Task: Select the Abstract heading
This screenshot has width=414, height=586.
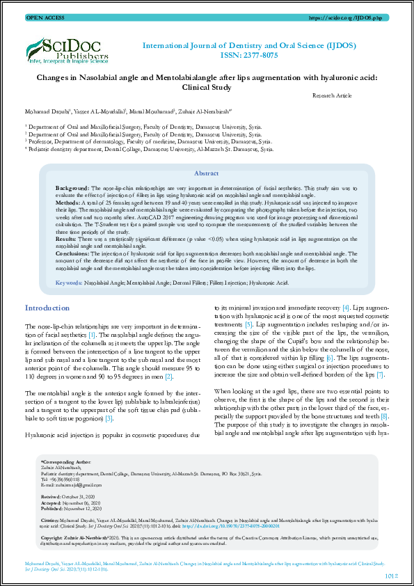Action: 206,173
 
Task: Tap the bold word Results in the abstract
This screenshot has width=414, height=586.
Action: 67,237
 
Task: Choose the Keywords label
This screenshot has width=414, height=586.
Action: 69,283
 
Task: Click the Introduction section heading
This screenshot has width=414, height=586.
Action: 47,308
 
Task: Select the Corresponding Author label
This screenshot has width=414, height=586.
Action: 65,481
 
